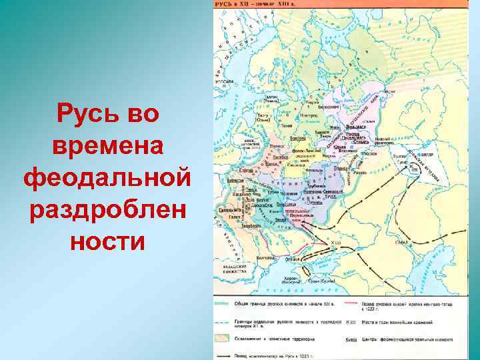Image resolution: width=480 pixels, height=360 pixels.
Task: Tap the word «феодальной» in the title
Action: click(107, 177)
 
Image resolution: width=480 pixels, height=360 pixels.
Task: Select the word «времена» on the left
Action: click(107, 145)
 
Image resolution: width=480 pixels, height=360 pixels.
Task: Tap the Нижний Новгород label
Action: click(383, 141)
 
